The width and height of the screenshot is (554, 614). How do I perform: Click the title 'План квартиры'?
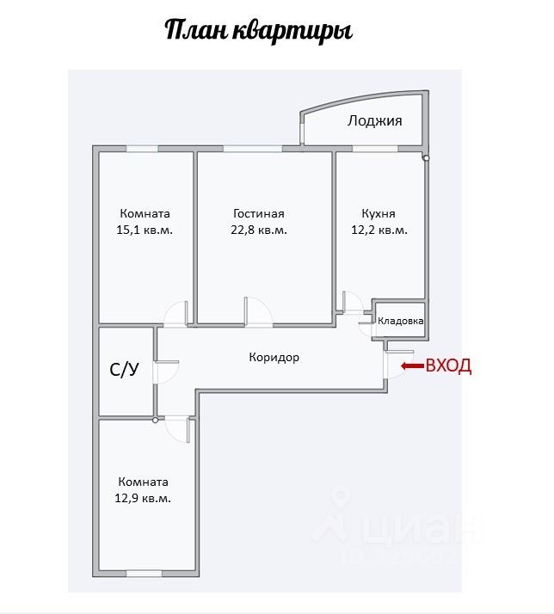click(258, 31)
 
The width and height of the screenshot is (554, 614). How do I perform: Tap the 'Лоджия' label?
click(374, 121)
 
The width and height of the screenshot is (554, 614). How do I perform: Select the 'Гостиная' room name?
click(258, 214)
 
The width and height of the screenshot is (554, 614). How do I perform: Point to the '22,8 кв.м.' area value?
click(259, 230)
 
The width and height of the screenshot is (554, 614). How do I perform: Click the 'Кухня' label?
click(379, 214)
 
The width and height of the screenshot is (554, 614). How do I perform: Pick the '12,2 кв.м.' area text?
click(379, 230)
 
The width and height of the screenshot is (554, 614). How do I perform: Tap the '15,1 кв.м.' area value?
click(145, 230)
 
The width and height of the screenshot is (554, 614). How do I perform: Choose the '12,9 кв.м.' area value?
click(144, 499)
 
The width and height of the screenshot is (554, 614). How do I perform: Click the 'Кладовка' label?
click(401, 321)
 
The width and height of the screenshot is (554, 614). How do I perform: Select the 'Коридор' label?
click(274, 357)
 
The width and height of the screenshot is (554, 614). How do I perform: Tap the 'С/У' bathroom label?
click(124, 371)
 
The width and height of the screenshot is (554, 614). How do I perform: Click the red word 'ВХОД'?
click(448, 366)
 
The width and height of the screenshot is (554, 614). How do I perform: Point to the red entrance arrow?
click(413, 366)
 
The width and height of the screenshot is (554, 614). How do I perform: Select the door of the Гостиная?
click(255, 310)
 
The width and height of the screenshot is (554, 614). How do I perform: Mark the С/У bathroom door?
click(163, 371)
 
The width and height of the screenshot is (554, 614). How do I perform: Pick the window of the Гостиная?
click(252, 149)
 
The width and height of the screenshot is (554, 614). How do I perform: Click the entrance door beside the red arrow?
click(397, 365)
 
